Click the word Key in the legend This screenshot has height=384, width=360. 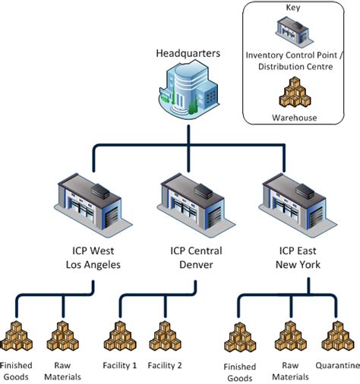coord(292,8)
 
